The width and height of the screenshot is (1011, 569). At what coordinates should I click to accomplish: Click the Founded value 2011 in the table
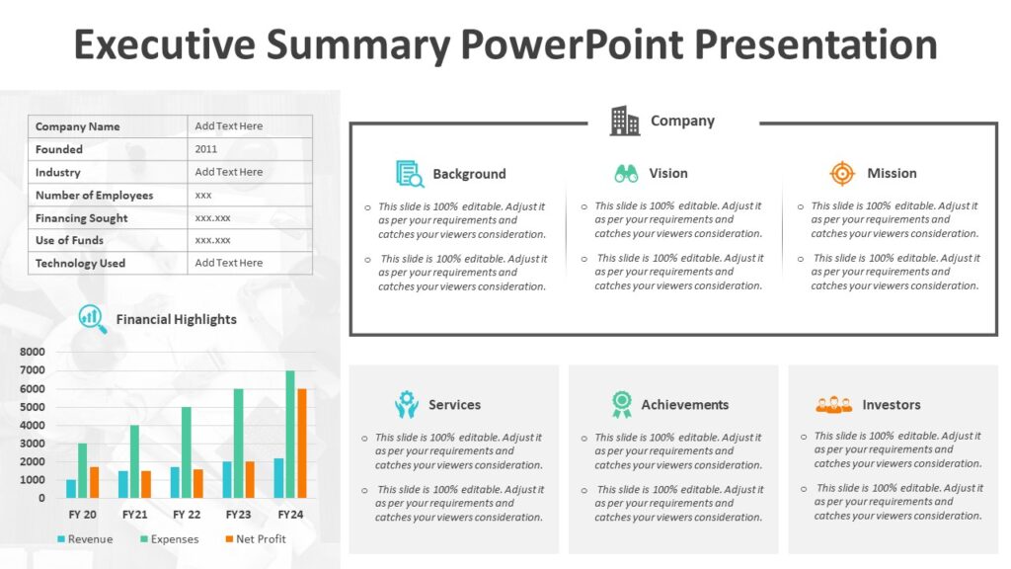click(x=206, y=149)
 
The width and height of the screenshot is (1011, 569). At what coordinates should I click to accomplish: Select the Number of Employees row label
click(x=95, y=196)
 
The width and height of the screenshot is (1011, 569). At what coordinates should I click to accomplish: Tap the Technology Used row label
click(x=81, y=264)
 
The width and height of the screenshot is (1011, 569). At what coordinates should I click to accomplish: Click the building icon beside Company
click(x=625, y=121)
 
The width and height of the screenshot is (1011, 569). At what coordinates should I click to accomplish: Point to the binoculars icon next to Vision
click(x=626, y=174)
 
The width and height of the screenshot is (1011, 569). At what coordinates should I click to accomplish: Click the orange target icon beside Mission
click(x=841, y=174)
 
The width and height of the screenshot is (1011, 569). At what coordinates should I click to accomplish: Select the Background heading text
click(x=469, y=174)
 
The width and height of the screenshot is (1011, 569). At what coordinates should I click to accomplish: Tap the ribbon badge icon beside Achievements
click(x=621, y=404)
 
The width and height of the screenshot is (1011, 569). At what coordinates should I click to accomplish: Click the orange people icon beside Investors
click(x=834, y=404)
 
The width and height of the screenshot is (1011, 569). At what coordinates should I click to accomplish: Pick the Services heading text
click(x=454, y=405)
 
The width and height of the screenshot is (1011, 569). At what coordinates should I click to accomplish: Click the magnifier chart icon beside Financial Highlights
click(x=93, y=317)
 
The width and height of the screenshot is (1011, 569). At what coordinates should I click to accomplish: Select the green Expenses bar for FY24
click(x=290, y=435)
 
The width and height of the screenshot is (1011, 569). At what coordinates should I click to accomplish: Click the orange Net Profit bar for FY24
click(x=302, y=444)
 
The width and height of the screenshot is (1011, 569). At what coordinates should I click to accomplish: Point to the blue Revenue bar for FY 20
click(x=71, y=488)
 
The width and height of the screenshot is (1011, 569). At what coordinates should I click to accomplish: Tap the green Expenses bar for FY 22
click(x=187, y=452)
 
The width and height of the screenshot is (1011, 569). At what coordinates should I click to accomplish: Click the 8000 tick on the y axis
click(x=33, y=352)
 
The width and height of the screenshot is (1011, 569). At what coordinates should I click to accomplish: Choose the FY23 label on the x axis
click(x=238, y=515)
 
